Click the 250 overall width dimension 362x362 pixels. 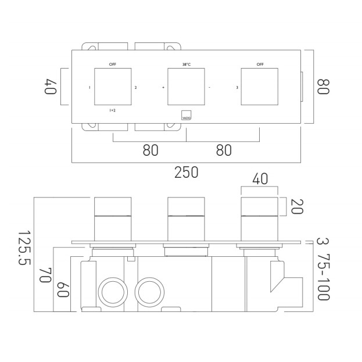tap(187, 172)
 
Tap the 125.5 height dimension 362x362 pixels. tap(24, 248)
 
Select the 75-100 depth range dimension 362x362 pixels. tap(323, 277)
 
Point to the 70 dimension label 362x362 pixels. tap(45, 275)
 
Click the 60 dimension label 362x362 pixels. tap(63, 290)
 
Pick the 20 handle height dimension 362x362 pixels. tap(297, 207)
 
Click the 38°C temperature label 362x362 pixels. tap(187, 64)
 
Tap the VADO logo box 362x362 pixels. tap(187, 115)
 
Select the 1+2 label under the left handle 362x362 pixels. tap(112, 110)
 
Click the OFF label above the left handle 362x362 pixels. tap(113, 64)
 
